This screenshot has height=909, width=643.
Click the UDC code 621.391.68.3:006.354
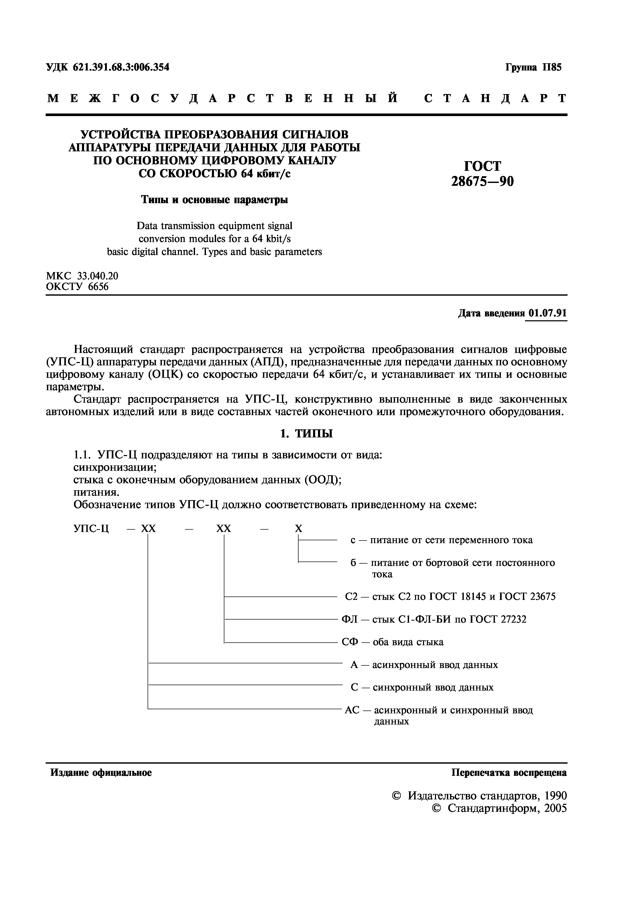121,67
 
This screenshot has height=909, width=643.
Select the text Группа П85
533,67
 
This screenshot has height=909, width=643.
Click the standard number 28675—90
482,181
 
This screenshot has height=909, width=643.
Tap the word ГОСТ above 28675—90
482,166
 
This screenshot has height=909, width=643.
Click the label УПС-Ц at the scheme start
91,529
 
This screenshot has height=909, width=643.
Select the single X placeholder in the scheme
299,529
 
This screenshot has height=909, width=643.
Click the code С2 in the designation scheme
351,596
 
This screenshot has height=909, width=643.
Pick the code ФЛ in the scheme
349,619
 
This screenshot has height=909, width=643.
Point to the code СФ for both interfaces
349,642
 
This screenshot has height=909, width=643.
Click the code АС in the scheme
352,710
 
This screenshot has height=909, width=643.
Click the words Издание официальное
101,773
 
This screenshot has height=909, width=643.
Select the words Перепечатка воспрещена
509,773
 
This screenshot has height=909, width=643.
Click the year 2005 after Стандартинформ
555,808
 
